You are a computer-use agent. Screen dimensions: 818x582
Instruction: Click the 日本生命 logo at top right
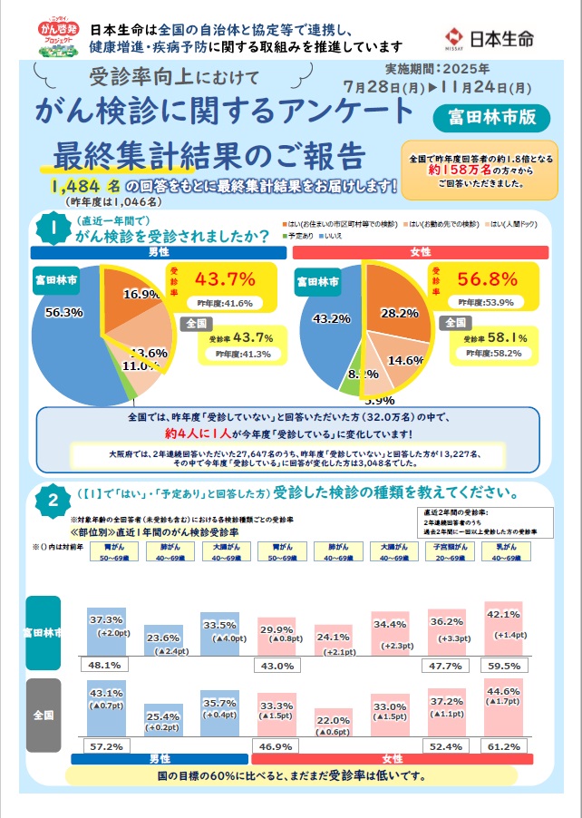500,37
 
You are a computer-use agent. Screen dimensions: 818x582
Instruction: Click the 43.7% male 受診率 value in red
225,278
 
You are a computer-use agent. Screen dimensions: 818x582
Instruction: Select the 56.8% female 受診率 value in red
488,278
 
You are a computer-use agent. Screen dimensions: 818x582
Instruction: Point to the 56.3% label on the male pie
63,312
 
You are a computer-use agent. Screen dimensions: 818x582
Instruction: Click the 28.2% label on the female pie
400,312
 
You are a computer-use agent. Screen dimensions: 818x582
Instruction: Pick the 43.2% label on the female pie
331,319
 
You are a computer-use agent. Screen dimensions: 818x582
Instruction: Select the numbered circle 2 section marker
53,500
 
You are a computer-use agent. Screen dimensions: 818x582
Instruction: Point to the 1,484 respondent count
81,186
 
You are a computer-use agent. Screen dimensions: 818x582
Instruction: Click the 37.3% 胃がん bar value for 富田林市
107,618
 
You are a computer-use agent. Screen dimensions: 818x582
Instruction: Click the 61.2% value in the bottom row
503,745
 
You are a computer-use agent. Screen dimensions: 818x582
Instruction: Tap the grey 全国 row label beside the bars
44,715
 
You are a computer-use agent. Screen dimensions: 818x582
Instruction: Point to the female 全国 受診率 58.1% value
509,337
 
